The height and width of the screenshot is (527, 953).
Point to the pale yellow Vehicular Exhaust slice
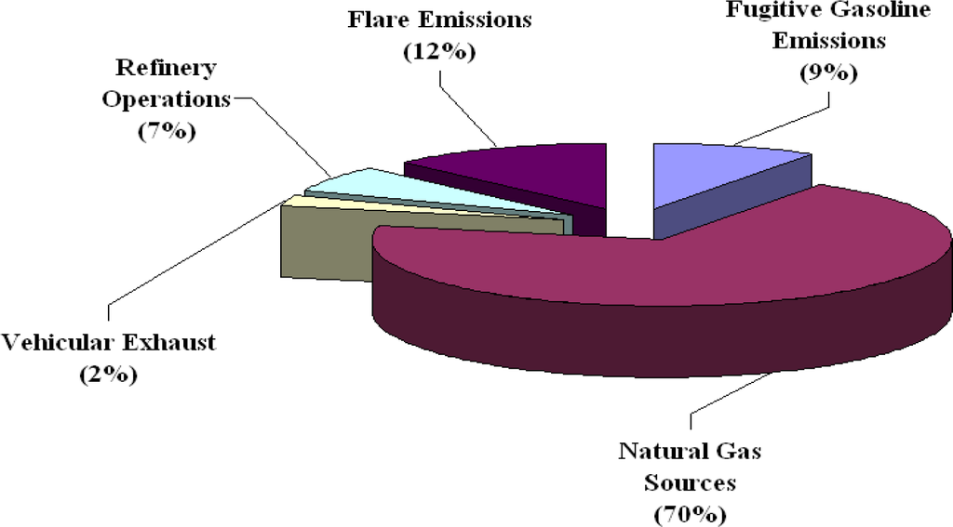pyautogui.click(x=307, y=200)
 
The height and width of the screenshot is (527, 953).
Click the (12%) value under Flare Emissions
pyautogui.click(x=438, y=52)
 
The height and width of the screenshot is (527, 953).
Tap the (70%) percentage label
pyautogui.click(x=690, y=513)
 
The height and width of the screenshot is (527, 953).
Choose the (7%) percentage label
pyautogui.click(x=166, y=131)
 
